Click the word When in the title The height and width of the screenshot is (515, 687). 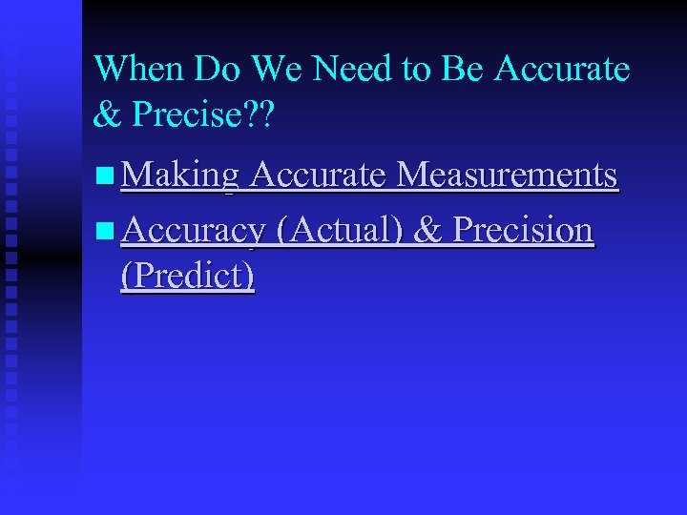coord(140,69)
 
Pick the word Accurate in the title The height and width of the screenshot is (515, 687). coord(564,69)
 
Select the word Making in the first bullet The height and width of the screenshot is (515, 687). coord(179,175)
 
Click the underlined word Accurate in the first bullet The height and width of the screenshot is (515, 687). coord(317,175)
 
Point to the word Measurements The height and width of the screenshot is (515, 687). coord(506,175)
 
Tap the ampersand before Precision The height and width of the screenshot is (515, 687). coord(427,231)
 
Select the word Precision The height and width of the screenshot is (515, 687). coord(522,231)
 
